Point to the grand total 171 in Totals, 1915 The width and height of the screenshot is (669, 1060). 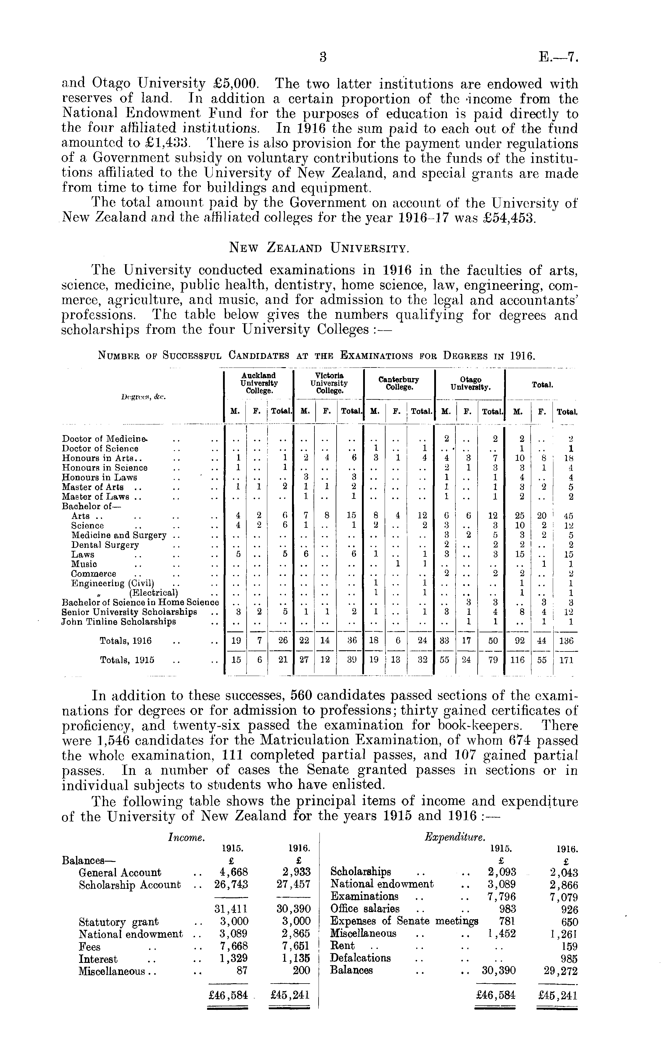coord(566,660)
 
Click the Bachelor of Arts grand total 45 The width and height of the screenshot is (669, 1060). coord(568,516)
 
